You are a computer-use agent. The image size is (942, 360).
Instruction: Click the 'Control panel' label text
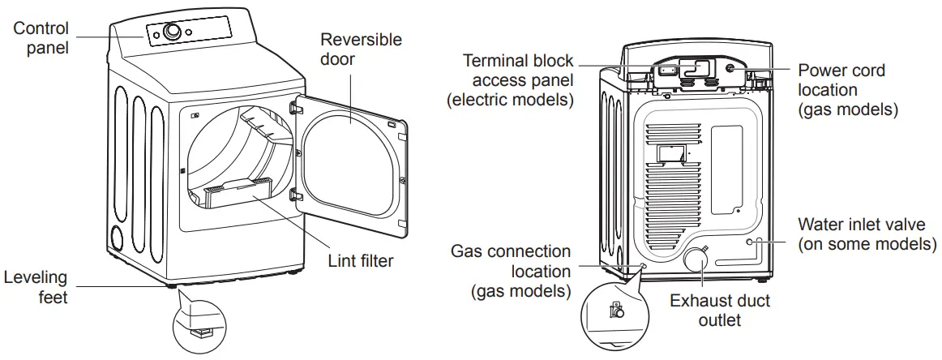pos(41,37)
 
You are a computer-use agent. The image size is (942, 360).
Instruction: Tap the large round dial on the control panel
pos(172,32)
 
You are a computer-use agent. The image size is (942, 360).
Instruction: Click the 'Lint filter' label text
pos(361,261)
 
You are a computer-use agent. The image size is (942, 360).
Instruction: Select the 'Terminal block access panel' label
pos(510,79)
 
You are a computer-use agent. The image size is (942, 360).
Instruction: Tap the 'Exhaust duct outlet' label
pos(719,311)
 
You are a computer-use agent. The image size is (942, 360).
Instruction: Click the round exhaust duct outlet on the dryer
pos(696,259)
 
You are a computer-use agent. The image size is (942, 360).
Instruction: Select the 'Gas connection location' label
pos(511,271)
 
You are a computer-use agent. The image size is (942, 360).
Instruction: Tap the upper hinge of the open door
pos(295,105)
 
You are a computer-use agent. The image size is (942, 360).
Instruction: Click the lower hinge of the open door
pos(295,195)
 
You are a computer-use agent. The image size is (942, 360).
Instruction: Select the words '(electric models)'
pos(510,99)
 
